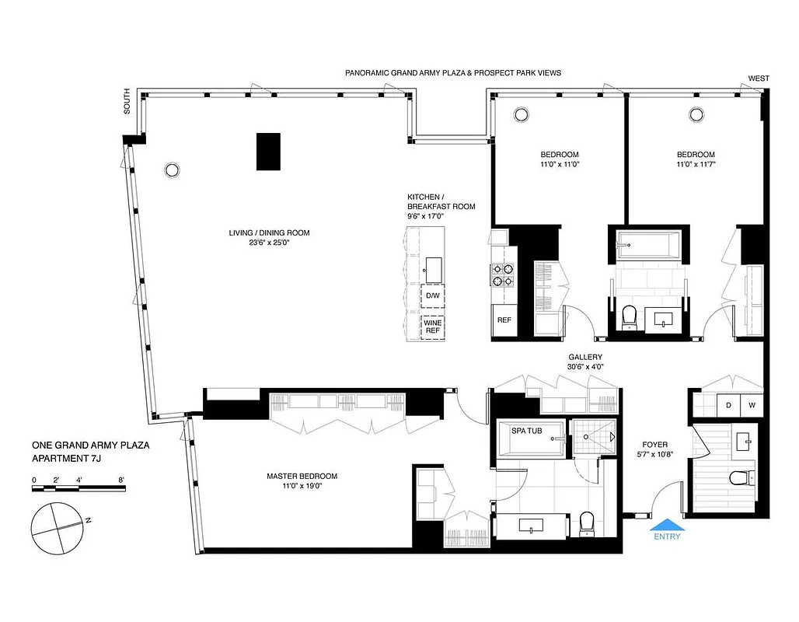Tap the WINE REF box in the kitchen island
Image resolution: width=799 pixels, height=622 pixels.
click(x=432, y=326)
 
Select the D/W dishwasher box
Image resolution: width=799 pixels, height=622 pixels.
click(x=432, y=297)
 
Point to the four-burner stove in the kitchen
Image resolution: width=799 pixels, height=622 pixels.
click(x=501, y=275)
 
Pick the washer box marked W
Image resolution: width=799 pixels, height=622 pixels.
click(x=751, y=405)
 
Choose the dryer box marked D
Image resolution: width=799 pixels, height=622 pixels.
click(x=728, y=405)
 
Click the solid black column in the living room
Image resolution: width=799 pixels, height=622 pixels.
click(x=268, y=151)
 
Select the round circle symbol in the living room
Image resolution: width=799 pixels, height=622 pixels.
click(x=171, y=169)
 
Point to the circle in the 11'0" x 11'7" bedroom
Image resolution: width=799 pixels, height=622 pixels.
click(x=695, y=115)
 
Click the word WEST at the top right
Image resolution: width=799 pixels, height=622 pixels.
click(x=759, y=78)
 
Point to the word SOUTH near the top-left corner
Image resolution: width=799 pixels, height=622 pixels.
click(x=128, y=107)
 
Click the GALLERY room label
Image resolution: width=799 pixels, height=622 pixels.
click(x=585, y=357)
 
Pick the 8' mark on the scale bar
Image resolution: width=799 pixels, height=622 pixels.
click(x=122, y=480)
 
